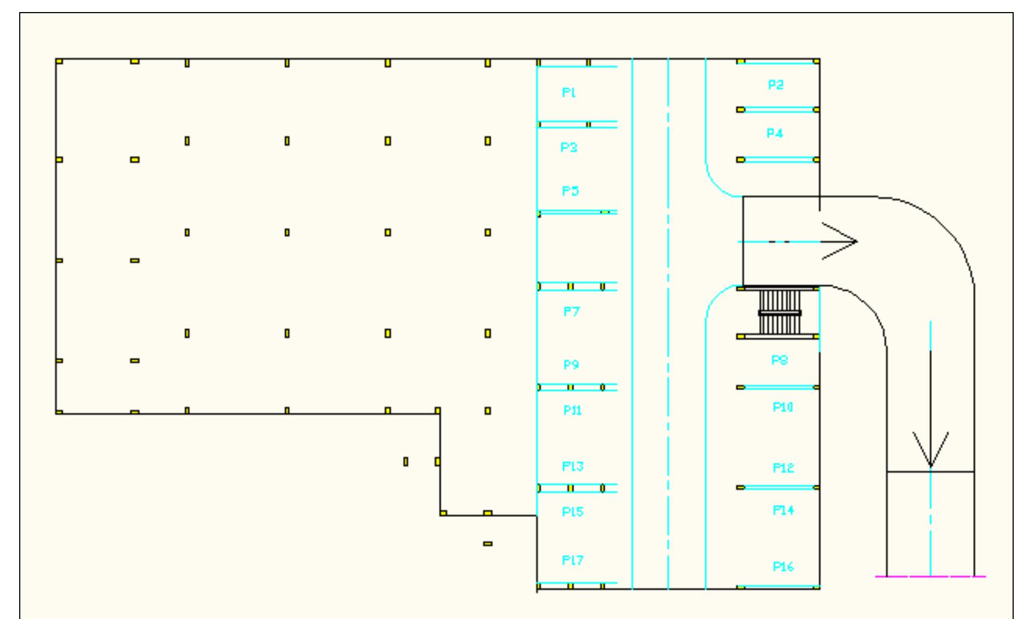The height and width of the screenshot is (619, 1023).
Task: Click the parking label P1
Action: pos(569,93)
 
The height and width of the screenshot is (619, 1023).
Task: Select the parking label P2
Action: pos(776,85)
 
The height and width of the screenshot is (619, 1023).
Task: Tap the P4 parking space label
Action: pos(775,133)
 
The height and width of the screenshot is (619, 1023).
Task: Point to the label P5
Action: pos(570,191)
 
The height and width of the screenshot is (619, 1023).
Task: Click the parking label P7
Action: pos(571,312)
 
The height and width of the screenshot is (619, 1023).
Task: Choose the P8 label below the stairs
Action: pos(779,361)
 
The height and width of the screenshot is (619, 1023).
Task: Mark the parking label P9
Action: pos(571,365)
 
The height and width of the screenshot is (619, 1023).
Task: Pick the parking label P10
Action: pos(783,407)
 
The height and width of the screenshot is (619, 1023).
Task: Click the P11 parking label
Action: pos(572,410)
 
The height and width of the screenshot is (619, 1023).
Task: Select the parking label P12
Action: pos(783,468)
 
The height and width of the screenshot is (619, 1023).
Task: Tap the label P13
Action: pos(573,466)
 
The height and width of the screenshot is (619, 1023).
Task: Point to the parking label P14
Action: pos(783,510)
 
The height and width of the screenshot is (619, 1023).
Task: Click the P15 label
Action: pos(573,512)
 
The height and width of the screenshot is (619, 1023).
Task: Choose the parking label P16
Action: pos(783,567)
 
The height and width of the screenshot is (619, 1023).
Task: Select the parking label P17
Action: pos(573,560)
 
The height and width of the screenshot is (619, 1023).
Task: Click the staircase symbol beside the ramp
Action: pos(779,313)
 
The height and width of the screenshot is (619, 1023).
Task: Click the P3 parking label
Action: pos(569,148)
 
